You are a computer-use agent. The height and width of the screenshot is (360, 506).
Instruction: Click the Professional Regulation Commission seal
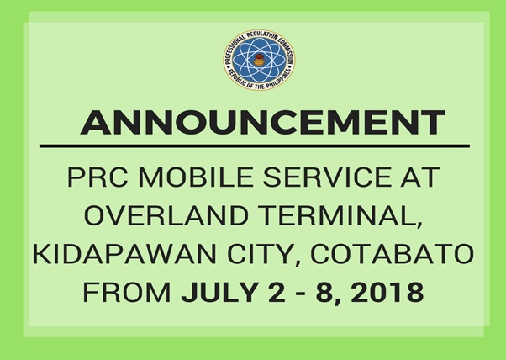click(x=259, y=60)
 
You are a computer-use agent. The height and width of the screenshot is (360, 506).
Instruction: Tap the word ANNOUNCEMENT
click(x=263, y=123)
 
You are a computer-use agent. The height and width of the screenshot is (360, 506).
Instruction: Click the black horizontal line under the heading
click(x=255, y=146)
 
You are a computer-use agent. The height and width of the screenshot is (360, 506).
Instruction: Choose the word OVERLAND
click(x=166, y=215)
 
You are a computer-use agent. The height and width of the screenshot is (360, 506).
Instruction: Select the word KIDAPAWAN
click(x=124, y=254)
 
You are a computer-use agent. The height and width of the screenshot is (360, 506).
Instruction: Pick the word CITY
click(x=260, y=254)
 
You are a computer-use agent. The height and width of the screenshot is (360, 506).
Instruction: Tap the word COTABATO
click(x=392, y=254)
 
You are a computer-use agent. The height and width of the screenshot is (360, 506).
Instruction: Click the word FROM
click(x=127, y=293)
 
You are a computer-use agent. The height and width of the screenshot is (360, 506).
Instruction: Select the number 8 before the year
click(x=324, y=293)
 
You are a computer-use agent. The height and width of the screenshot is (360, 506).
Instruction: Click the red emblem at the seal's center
click(x=259, y=60)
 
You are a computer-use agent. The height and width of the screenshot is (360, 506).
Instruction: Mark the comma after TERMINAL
click(x=419, y=224)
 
